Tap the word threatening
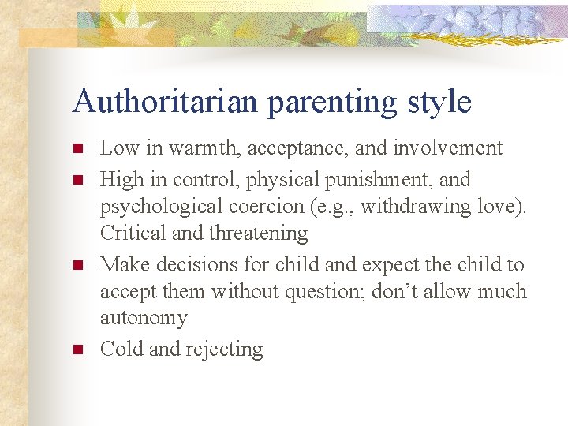click(258, 234)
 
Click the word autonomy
click(144, 319)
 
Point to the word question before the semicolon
click(312, 292)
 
